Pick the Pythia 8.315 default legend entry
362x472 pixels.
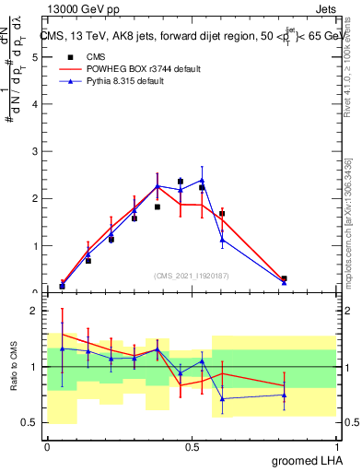[x=126, y=82]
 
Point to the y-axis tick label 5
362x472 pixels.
[x=34, y=56]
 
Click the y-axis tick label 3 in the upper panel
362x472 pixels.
[x=34, y=151]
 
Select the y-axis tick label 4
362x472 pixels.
[x=34, y=103]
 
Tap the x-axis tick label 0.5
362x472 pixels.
[x=192, y=446]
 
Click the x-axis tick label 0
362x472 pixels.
[x=47, y=446]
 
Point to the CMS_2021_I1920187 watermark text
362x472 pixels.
[x=192, y=275]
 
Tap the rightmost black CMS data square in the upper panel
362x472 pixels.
[x=284, y=278]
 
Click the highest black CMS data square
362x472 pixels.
[x=180, y=182]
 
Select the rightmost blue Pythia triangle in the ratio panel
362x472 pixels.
[x=284, y=395]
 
